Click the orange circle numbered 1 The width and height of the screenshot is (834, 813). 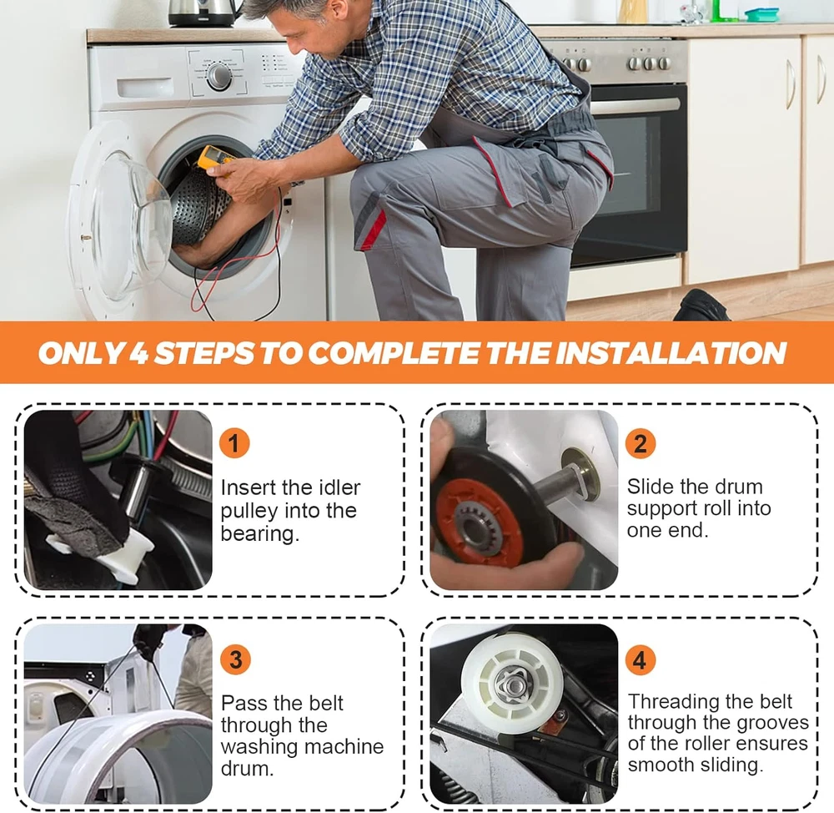pos(234,443)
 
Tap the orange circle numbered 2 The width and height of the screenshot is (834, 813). pos(641,443)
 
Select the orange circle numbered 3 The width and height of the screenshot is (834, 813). pos(235,659)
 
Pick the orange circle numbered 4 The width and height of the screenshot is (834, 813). pos(640,659)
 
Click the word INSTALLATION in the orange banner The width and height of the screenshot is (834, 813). pos(671,352)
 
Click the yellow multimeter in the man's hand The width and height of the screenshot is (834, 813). pos(215,160)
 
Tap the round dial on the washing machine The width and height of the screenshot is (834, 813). pos(219,77)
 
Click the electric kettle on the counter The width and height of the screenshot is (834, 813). pos(203,13)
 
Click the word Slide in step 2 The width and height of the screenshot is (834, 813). pos(651,487)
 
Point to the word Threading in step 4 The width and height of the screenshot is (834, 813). pos(673,702)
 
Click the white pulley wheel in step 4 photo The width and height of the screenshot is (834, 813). pos(512,683)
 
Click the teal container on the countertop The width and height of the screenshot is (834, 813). pos(761,15)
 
